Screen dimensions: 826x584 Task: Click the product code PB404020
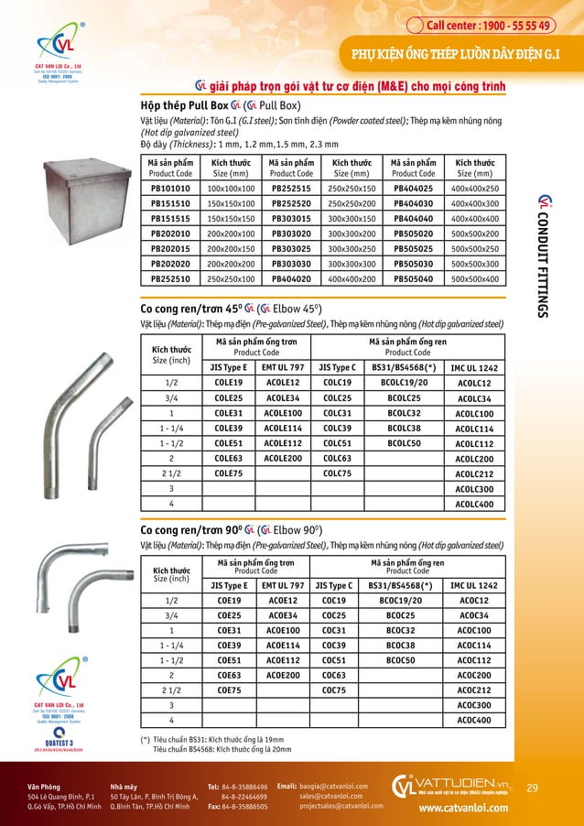click(x=292, y=278)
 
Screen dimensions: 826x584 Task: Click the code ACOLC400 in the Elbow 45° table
click(x=474, y=505)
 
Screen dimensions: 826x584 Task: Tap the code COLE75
click(x=228, y=473)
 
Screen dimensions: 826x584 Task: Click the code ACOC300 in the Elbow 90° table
click(x=474, y=706)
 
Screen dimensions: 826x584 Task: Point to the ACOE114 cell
click(x=283, y=646)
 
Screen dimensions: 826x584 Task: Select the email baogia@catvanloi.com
click(x=333, y=786)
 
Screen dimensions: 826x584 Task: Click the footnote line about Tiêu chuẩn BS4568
click(x=222, y=749)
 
